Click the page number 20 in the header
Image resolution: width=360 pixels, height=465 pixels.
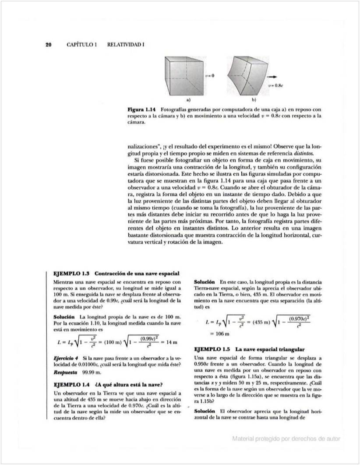pos(49,45)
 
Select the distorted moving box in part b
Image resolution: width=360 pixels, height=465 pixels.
pos(246,75)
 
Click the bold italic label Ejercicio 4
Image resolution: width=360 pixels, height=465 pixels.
pos(66,358)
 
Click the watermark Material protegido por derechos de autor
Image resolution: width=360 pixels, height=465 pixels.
pos(286,438)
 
